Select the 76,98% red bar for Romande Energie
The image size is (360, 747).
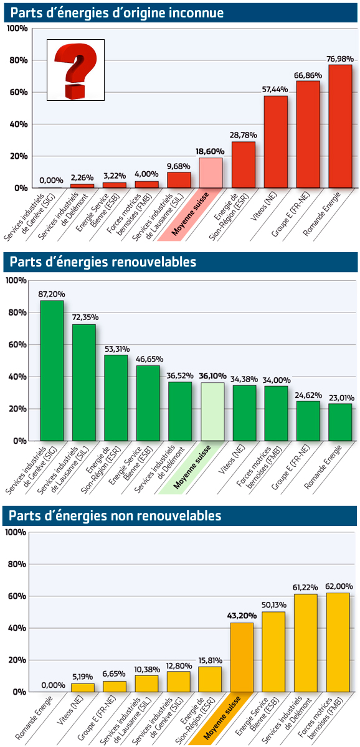(340, 126)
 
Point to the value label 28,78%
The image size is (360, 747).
(244, 135)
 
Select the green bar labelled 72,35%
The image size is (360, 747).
(84, 382)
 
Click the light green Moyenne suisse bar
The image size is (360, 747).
(212, 411)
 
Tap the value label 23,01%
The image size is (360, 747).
(342, 398)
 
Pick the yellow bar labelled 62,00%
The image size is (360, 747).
(338, 642)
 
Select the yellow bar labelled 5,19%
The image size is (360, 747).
(83, 688)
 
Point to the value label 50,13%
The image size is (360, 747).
(274, 605)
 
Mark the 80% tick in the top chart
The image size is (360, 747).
(18, 60)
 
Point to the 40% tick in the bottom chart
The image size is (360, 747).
(17, 628)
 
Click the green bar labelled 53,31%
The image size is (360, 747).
(116, 398)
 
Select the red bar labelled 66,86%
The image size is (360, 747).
(308, 134)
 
